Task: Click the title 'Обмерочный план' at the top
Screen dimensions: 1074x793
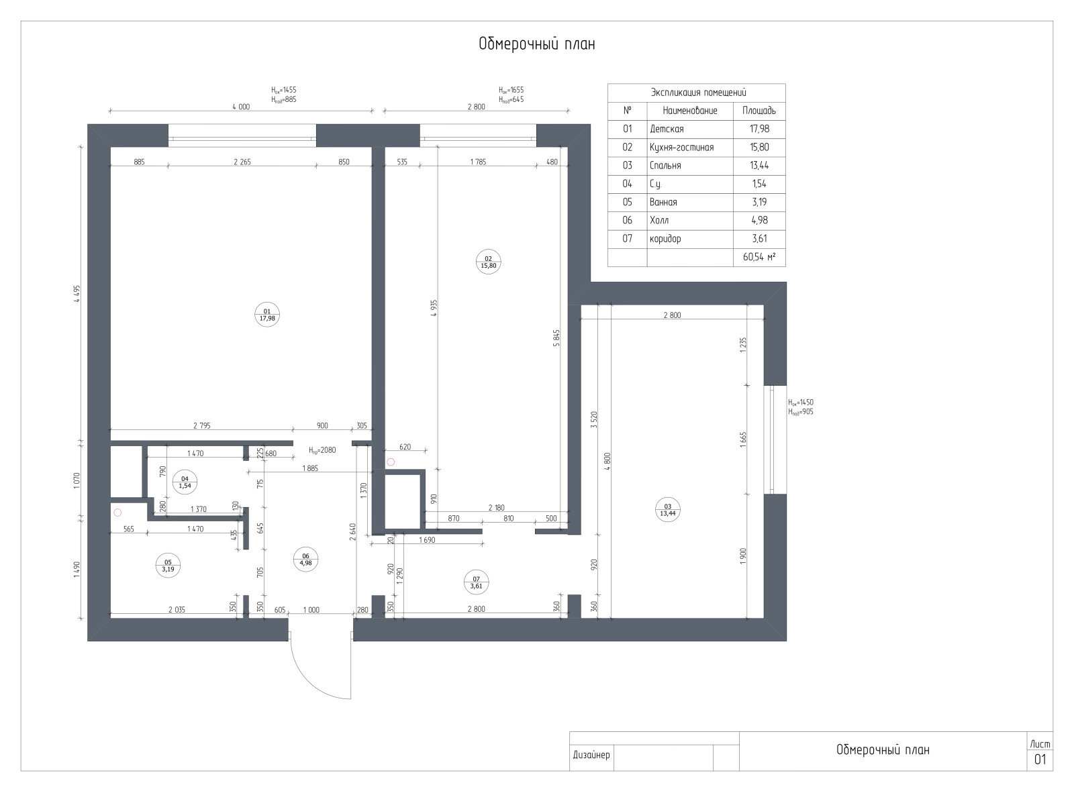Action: tap(536, 44)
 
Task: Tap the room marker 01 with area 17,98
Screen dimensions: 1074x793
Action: tap(266, 315)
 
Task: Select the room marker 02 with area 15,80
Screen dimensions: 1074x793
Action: tap(488, 262)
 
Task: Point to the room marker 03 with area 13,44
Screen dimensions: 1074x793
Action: tap(668, 510)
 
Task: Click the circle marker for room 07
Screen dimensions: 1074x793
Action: tap(476, 582)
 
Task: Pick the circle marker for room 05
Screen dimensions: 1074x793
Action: tap(168, 566)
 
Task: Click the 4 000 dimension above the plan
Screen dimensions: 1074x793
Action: tap(241, 107)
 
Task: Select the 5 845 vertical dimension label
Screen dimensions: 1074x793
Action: tap(556, 338)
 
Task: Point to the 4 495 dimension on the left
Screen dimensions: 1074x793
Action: tap(77, 294)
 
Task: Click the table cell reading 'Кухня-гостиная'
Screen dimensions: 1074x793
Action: tap(681, 147)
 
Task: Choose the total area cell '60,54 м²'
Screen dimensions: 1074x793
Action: tap(759, 257)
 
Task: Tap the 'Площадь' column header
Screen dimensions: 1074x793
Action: tap(759, 111)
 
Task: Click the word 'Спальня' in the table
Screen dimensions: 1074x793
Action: tap(665, 166)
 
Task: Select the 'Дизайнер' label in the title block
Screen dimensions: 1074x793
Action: tap(591, 755)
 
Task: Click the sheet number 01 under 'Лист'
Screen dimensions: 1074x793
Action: tap(1040, 759)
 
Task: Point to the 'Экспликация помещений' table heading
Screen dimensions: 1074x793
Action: tap(698, 93)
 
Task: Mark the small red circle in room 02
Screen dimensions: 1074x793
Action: tap(391, 462)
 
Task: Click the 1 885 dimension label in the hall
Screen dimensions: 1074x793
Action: tap(310, 468)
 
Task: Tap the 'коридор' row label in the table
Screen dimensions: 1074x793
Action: tap(665, 239)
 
